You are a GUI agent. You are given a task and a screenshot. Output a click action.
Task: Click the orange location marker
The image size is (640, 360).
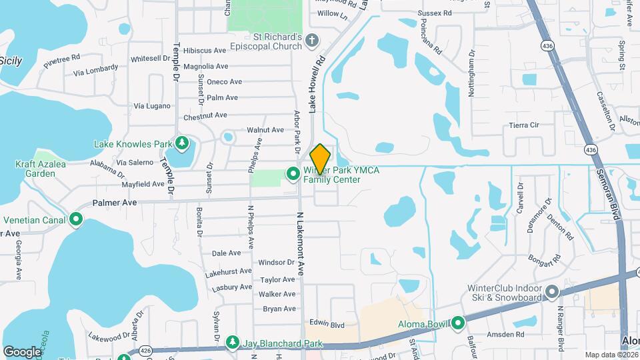(321, 159)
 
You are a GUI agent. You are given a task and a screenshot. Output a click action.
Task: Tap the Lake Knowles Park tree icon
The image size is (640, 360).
(181, 143)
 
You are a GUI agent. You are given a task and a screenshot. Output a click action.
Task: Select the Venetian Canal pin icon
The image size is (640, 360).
(76, 219)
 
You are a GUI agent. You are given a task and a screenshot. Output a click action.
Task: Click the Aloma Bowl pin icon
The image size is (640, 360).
(458, 323)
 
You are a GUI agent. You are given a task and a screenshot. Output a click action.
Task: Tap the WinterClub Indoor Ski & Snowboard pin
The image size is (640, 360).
(551, 292)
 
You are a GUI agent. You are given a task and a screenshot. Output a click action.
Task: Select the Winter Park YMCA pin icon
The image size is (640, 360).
(293, 174)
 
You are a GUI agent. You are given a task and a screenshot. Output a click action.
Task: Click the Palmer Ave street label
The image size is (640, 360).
(114, 202)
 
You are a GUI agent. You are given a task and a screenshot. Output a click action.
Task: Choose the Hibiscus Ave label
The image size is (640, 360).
(205, 51)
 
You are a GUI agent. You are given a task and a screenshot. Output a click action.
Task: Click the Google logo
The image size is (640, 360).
(22, 351)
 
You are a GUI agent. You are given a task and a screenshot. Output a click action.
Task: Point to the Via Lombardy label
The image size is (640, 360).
(96, 70)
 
